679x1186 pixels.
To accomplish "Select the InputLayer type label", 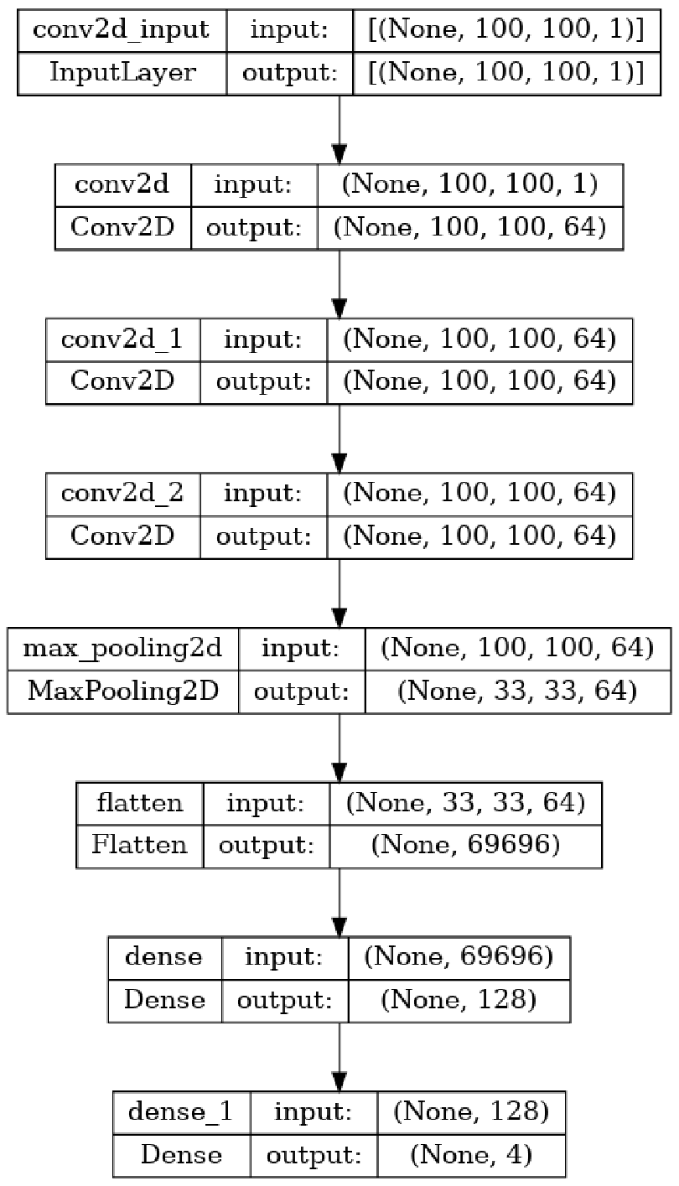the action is click(122, 73).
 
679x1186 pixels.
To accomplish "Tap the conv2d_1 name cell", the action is click(122, 339).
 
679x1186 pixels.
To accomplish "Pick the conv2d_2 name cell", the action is click(122, 494).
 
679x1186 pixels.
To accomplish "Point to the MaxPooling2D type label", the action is click(122, 691).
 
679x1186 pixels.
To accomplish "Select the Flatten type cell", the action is click(139, 846).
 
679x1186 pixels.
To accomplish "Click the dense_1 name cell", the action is click(180, 1112).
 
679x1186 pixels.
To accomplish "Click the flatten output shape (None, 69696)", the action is click(465, 846).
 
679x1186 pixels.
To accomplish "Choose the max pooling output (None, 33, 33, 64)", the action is click(517, 691).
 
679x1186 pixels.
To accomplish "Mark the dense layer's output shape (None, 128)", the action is click(459, 1001).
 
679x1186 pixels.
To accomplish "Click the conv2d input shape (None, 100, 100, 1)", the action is click(469, 184).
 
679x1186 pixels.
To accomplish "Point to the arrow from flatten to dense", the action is click(339, 902).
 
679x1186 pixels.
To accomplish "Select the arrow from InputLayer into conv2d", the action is click(339, 130).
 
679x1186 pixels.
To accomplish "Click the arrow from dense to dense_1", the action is click(339, 1057).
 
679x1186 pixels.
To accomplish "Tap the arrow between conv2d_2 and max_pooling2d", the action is click(339, 593).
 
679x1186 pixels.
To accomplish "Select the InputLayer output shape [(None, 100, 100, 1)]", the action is click(506, 73).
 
